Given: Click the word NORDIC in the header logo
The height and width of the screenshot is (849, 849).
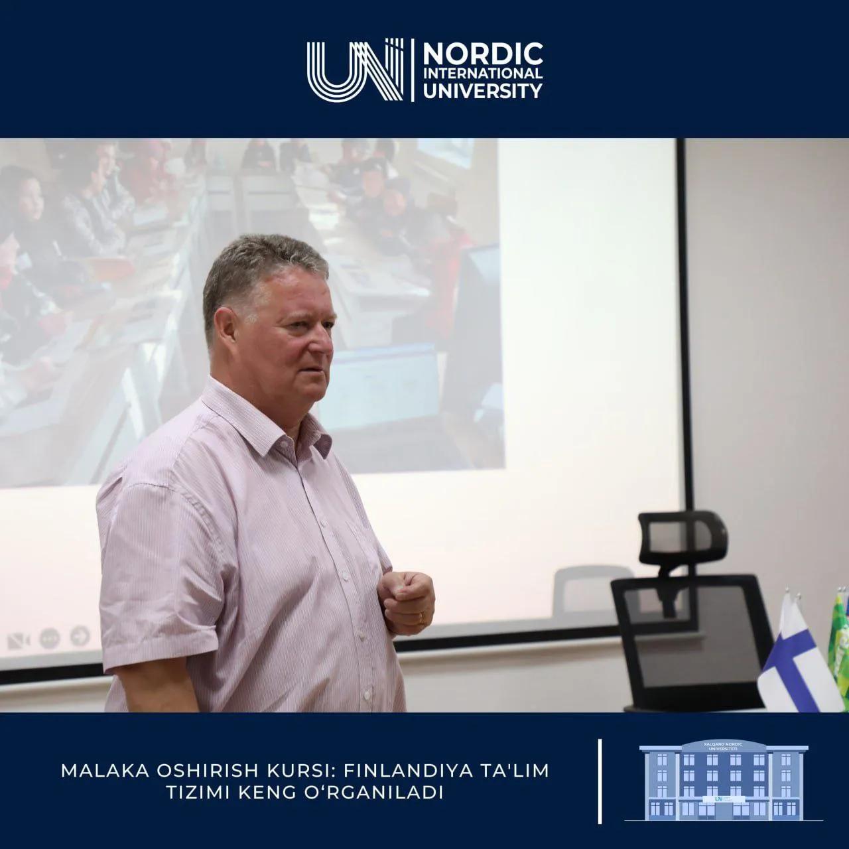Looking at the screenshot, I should (x=482, y=53).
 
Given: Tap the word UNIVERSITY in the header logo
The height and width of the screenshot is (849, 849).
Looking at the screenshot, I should (x=482, y=90).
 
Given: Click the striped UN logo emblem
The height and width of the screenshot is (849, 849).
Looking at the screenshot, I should (x=355, y=70).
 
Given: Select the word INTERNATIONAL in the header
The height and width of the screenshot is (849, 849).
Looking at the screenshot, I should (x=482, y=73).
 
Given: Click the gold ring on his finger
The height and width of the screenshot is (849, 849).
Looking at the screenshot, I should (x=421, y=618).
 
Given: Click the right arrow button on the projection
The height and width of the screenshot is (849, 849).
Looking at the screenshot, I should (x=80, y=635).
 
